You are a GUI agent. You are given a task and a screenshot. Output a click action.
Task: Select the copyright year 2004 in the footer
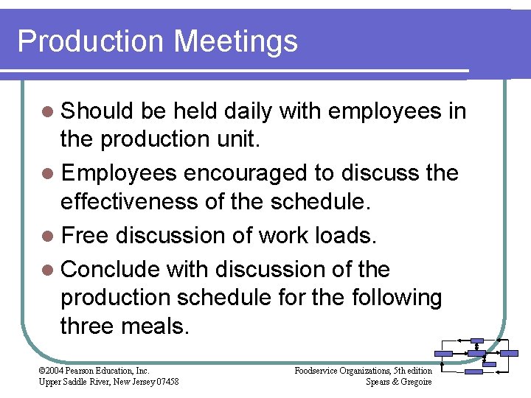[55, 370]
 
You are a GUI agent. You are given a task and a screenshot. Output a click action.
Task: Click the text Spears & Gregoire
[399, 381]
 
